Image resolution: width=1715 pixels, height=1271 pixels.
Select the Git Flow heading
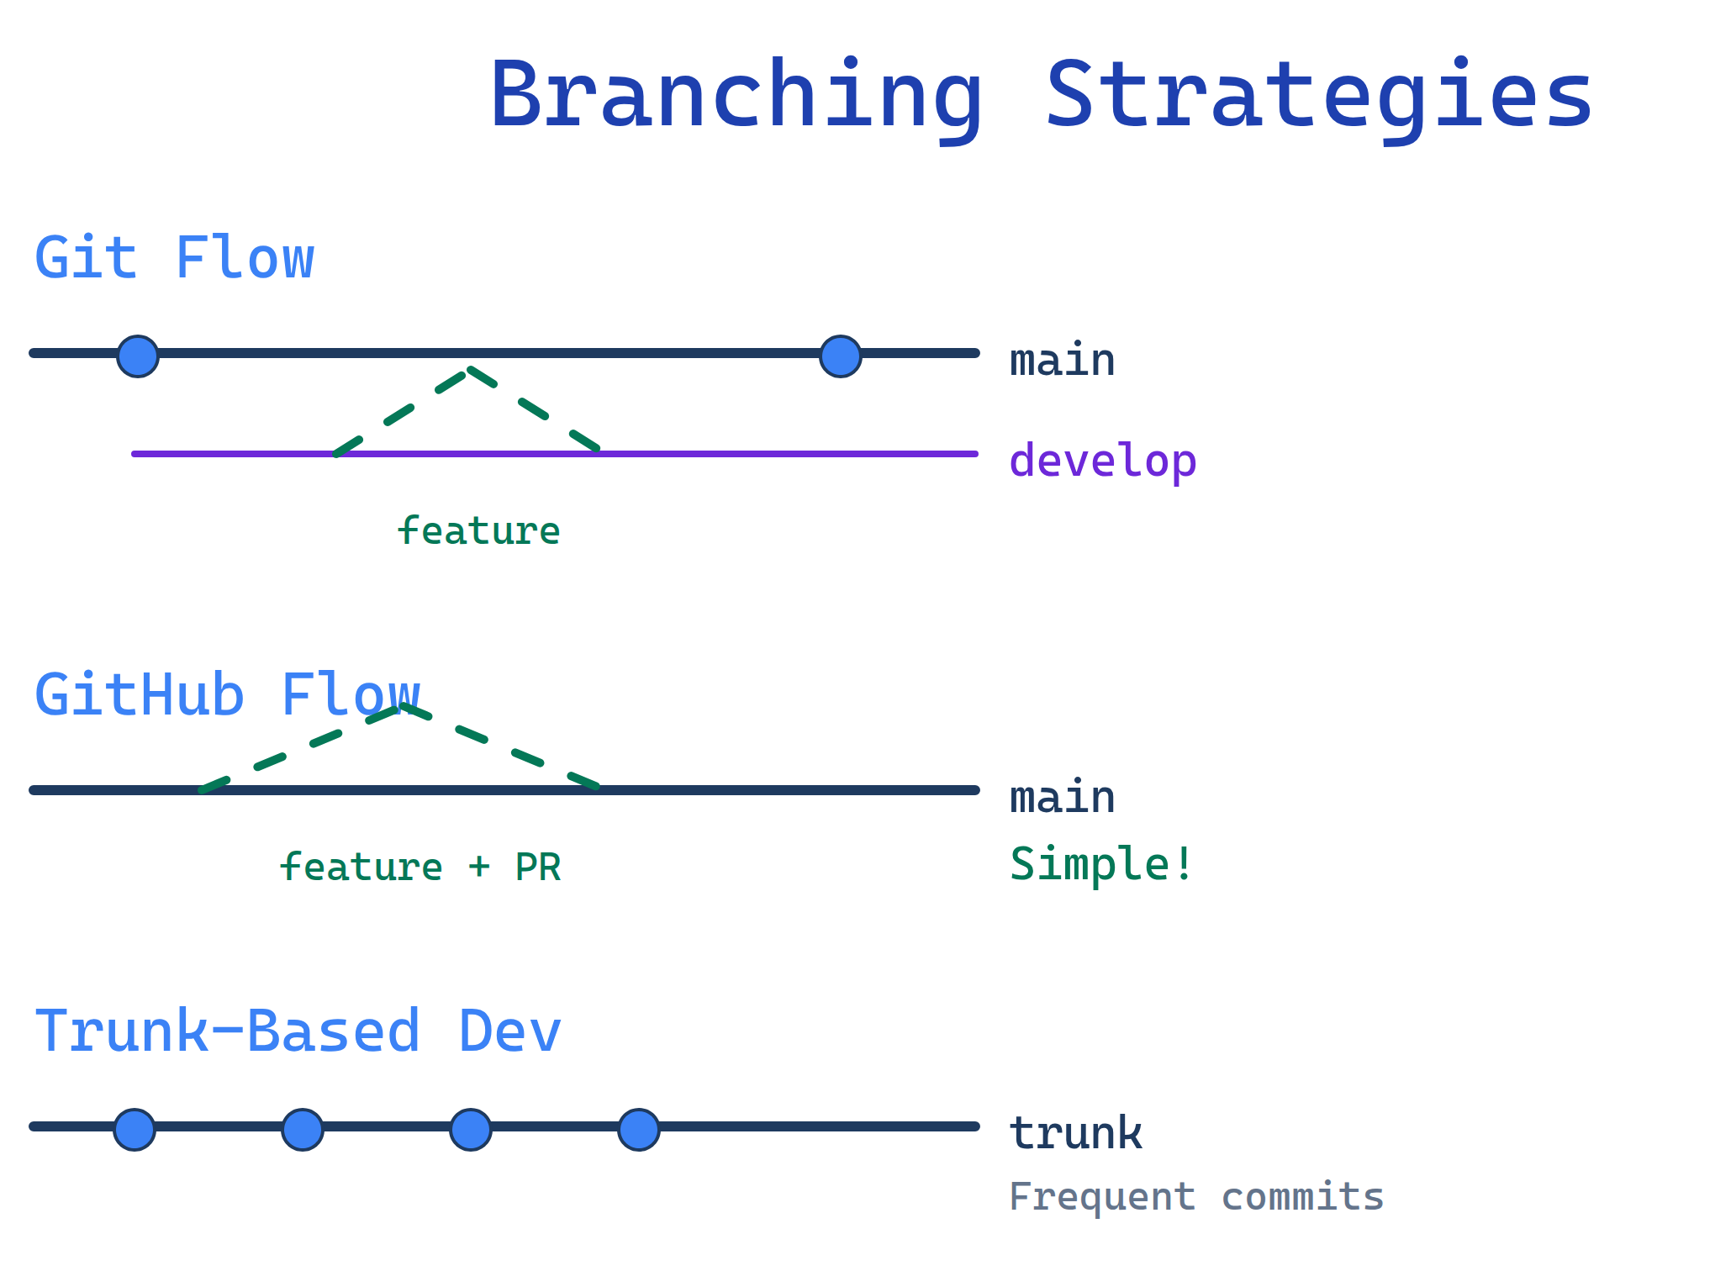coord(174,258)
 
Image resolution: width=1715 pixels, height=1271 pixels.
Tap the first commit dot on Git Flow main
coord(138,356)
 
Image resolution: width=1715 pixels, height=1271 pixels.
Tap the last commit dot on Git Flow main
coord(841,356)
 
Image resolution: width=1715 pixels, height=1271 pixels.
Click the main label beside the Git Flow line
coord(1062,361)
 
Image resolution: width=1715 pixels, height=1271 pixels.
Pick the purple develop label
coord(1102,461)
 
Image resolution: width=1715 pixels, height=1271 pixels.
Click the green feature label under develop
coord(478,531)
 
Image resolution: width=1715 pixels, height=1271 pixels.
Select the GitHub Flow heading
coord(227,695)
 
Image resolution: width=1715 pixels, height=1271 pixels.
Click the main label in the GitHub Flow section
coord(1062,798)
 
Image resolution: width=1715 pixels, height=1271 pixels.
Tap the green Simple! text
coord(1100,865)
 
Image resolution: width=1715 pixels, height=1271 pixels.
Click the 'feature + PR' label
coord(420,868)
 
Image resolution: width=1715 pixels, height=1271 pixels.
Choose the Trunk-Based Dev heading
coord(298,1031)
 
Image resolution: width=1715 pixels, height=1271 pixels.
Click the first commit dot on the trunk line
coord(135,1129)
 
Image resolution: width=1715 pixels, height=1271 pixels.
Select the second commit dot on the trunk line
coord(303,1129)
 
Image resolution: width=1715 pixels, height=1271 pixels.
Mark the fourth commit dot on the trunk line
coord(639,1129)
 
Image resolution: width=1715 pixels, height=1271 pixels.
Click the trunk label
coord(1075,1134)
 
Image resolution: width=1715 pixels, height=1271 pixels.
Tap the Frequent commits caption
coord(1195,1197)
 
